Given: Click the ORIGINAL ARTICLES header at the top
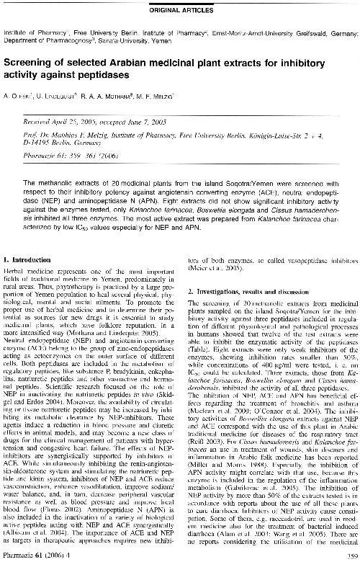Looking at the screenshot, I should (x=180, y=10).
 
